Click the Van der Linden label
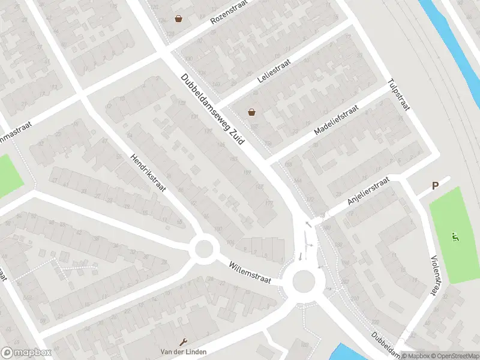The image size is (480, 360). (180, 351)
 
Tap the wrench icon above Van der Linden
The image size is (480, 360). (182, 341)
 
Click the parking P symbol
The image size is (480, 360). (436, 186)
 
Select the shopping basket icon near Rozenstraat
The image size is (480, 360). (178, 19)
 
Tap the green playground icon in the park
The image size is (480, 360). (455, 238)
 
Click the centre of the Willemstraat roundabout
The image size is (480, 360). (203, 248)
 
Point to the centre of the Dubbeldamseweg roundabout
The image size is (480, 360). (304, 280)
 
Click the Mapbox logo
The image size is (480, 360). (26, 353)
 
